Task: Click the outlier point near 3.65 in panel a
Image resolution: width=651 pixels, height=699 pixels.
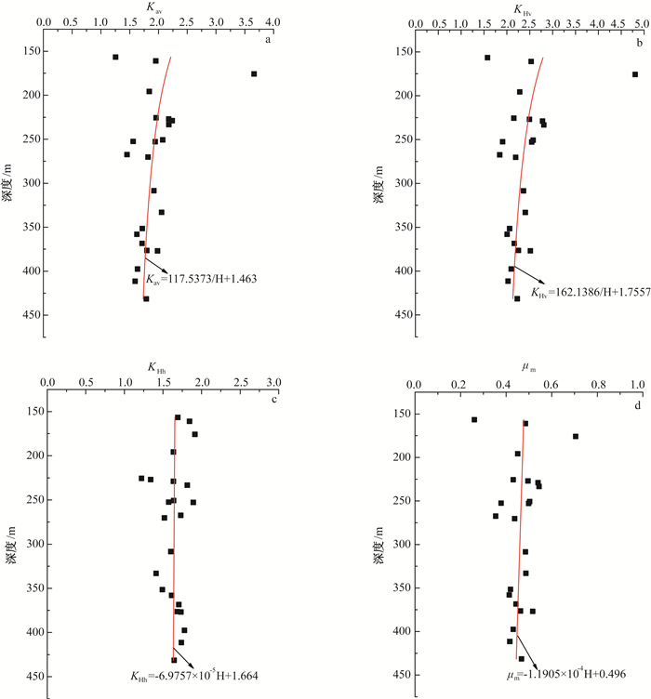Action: pos(254,73)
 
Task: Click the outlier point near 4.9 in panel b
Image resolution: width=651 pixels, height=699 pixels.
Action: pos(635,74)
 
